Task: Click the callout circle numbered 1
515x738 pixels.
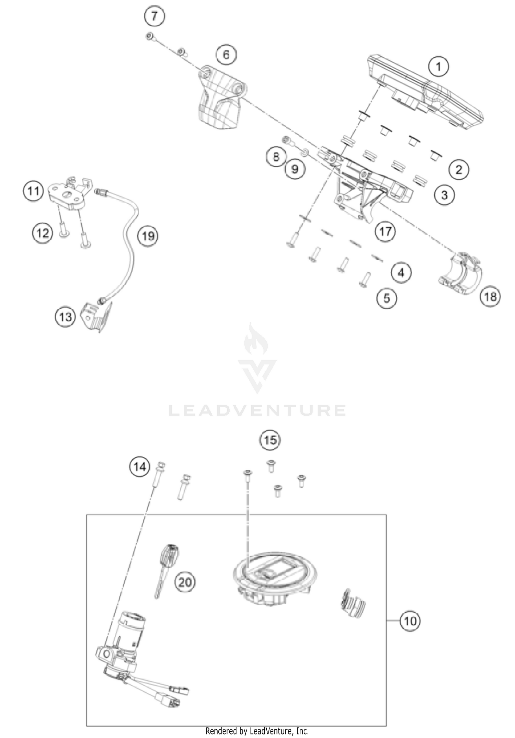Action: tap(438, 66)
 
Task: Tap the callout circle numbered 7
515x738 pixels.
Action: tap(154, 16)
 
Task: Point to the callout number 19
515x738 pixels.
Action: tap(148, 236)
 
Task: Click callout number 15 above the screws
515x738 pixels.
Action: tap(270, 440)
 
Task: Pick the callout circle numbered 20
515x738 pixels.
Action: tap(185, 582)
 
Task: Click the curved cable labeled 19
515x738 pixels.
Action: tap(129, 247)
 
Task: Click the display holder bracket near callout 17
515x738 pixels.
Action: tap(360, 185)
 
